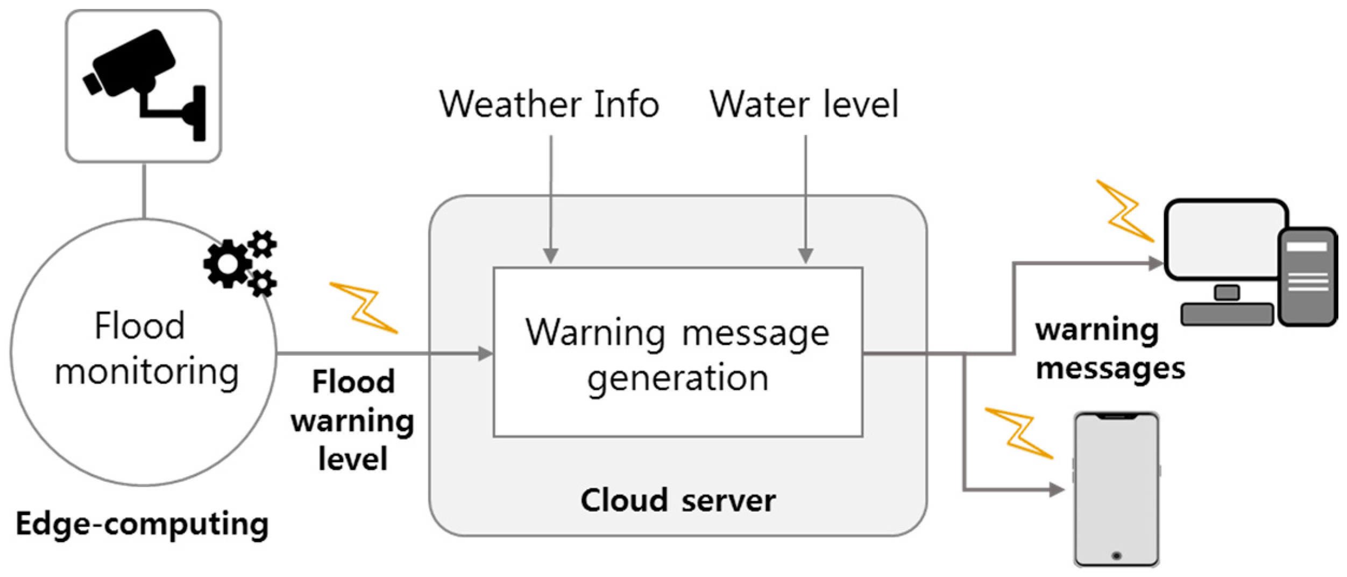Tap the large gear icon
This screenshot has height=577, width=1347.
pos(228,264)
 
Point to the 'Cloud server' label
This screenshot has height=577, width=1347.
pos(677,501)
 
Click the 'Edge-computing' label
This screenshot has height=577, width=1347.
pos(142,524)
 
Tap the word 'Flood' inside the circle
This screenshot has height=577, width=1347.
pos(139,326)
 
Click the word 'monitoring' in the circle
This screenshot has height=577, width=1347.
pos(146,372)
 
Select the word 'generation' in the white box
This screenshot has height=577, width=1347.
pos(677,379)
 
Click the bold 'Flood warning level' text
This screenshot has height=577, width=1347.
pos(352,420)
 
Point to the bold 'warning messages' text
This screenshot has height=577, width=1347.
pos(1109,349)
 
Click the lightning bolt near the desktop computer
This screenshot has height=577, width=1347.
pos(1124,210)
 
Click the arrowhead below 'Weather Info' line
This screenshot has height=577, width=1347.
pos(550,256)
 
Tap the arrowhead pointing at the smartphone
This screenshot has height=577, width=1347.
pos(1057,489)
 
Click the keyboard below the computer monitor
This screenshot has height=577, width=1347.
pos(1227,314)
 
